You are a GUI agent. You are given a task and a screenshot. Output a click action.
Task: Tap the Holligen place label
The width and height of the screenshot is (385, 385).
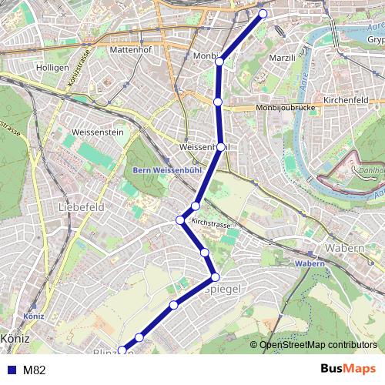[x=53, y=67]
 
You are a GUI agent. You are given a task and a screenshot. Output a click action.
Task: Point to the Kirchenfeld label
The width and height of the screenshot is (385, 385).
[x=349, y=101]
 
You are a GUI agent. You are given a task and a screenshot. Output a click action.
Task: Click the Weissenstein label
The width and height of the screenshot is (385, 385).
[x=97, y=132]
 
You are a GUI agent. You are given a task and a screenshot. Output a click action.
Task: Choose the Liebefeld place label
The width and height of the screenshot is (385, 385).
[x=81, y=208]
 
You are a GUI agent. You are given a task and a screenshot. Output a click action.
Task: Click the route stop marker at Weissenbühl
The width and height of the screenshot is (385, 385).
[x=221, y=146]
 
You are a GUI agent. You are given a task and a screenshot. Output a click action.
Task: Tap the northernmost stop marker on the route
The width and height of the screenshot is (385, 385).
[x=263, y=13]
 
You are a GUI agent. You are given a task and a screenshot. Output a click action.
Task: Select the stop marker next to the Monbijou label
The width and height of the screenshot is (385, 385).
[x=219, y=61]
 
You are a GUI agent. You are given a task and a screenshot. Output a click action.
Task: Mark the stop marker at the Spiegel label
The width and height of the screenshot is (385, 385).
[x=215, y=276]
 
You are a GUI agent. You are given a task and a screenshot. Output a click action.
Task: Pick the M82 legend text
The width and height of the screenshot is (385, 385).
[x=35, y=370]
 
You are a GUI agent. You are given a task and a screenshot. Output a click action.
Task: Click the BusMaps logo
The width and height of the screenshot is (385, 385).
[x=347, y=370]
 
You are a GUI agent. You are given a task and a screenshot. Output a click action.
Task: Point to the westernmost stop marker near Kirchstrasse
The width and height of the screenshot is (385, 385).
[x=180, y=221]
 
